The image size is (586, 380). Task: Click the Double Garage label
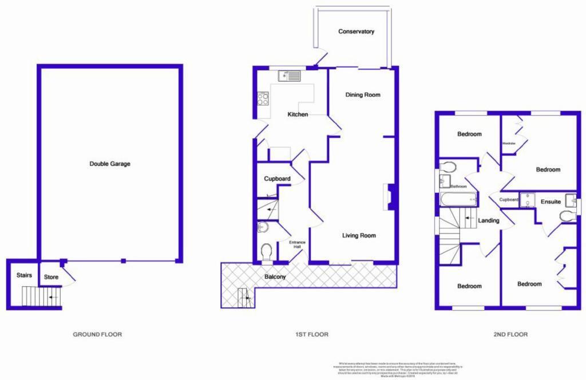tap(110, 164)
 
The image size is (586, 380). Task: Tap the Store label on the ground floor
tap(52, 278)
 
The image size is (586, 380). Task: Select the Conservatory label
tap(356, 31)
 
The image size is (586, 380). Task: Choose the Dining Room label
tap(362, 94)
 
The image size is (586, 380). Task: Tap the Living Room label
tap(359, 235)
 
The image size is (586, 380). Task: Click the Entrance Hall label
tap(297, 244)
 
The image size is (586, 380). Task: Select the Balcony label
tap(275, 277)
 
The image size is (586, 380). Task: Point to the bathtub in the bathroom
tap(459, 200)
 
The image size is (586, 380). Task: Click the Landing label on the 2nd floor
tap(488, 220)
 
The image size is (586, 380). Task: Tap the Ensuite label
tap(551, 201)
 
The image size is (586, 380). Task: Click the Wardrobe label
tap(509, 143)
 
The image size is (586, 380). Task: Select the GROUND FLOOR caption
tap(97, 334)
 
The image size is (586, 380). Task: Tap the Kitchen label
tap(298, 114)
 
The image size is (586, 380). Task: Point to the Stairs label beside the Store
tap(24, 275)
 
